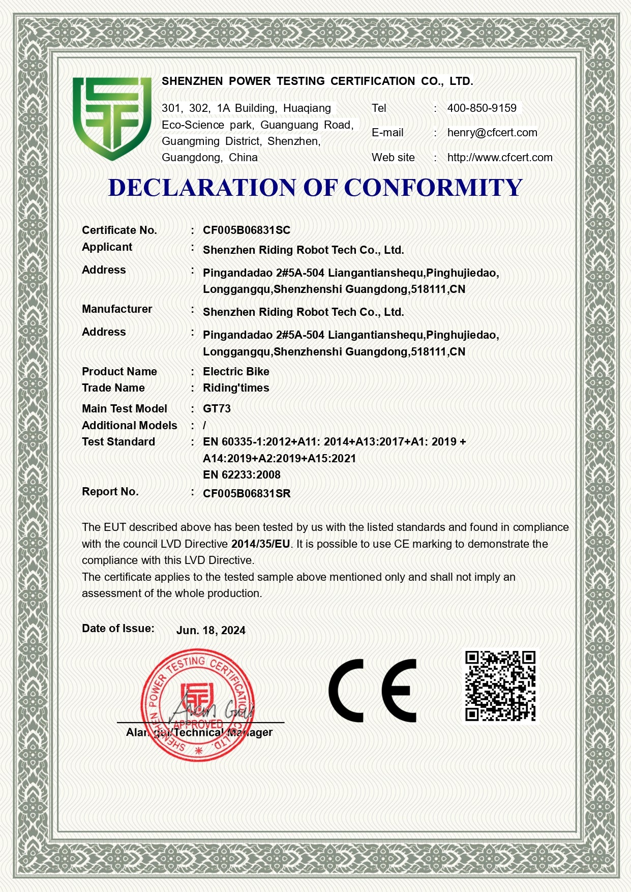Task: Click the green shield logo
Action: (x=112, y=118)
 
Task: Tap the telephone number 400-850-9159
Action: (x=482, y=108)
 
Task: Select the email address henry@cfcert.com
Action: (x=492, y=132)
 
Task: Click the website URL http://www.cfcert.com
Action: (x=499, y=157)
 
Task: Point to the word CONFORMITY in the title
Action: (x=433, y=188)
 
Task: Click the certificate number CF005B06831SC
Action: (x=246, y=230)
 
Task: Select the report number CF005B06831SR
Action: (x=246, y=493)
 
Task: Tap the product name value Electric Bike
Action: (x=235, y=371)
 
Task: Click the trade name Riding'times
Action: (x=235, y=388)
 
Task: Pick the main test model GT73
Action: (x=217, y=408)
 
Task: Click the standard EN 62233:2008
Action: (x=242, y=474)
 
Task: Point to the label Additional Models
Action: (x=129, y=425)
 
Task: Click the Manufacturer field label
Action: (x=117, y=309)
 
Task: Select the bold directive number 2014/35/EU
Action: (x=260, y=544)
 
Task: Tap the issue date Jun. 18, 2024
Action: (x=211, y=630)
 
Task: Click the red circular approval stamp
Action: (x=197, y=705)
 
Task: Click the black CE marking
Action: (x=372, y=691)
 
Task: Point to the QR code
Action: (x=500, y=686)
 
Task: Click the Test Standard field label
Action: (x=118, y=441)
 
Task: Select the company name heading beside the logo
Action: (x=317, y=81)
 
